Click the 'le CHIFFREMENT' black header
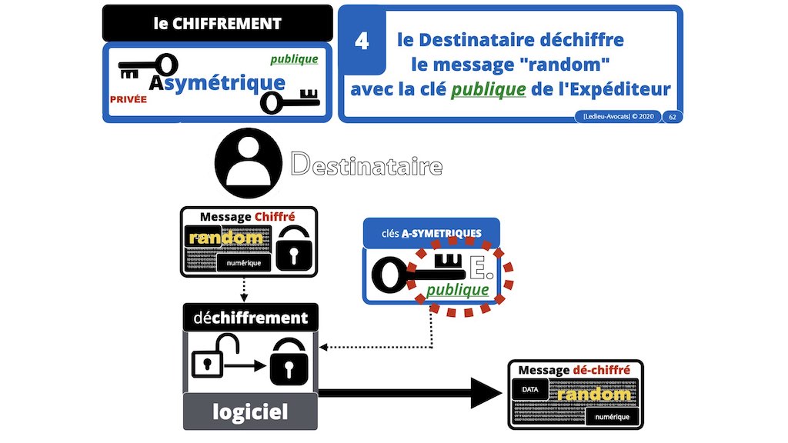click(x=217, y=23)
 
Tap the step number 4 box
click(x=362, y=41)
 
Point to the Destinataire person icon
click(x=249, y=164)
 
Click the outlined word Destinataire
click(x=366, y=164)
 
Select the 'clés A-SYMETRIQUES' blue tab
click(x=431, y=231)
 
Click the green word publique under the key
click(x=457, y=290)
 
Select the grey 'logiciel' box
click(x=249, y=411)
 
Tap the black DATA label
click(x=530, y=390)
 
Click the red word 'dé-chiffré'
click(x=604, y=370)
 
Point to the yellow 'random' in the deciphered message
click(x=593, y=395)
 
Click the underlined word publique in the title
click(x=488, y=90)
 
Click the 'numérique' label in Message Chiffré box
click(x=244, y=265)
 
